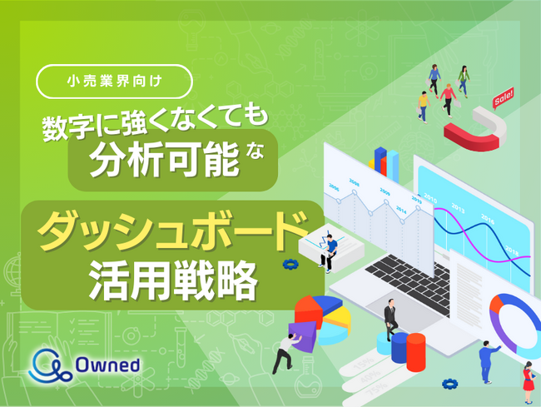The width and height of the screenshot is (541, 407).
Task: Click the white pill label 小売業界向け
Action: tap(115, 82)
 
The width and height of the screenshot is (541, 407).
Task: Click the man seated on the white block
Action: tap(330, 251)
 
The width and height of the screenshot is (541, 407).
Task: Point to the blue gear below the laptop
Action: tap(450, 384)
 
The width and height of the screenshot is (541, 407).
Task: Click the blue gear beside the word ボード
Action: tap(290, 263)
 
